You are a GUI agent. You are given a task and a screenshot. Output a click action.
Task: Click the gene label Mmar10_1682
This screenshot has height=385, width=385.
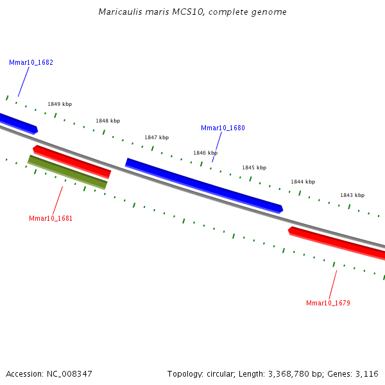(31, 63)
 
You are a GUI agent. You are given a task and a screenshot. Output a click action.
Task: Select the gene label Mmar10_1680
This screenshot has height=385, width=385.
(223, 128)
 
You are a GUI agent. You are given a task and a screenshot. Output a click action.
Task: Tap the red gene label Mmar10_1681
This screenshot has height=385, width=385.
(51, 218)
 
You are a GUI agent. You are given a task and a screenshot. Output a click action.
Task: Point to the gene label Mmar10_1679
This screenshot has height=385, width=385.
(328, 303)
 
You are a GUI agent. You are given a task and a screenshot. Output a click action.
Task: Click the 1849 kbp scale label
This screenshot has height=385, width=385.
(60, 104)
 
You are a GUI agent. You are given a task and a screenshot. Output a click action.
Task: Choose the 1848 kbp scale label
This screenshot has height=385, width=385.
(108, 121)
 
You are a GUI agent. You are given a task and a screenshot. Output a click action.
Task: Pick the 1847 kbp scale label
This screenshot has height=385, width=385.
(157, 137)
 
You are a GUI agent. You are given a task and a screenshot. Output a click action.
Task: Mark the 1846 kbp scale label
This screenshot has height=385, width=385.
(205, 153)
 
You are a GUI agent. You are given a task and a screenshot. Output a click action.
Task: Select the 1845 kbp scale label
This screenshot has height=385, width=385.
(253, 167)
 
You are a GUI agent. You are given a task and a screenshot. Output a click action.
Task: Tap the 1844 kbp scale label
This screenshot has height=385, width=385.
(303, 182)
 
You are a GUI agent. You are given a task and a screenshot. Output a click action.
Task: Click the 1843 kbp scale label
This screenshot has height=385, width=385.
(352, 195)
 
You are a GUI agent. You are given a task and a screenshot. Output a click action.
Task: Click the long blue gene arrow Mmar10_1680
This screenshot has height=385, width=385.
(203, 185)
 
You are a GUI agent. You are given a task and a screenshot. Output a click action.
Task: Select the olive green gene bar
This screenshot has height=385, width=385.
(67, 172)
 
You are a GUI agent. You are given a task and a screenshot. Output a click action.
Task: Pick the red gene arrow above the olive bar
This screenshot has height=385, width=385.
(72, 161)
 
